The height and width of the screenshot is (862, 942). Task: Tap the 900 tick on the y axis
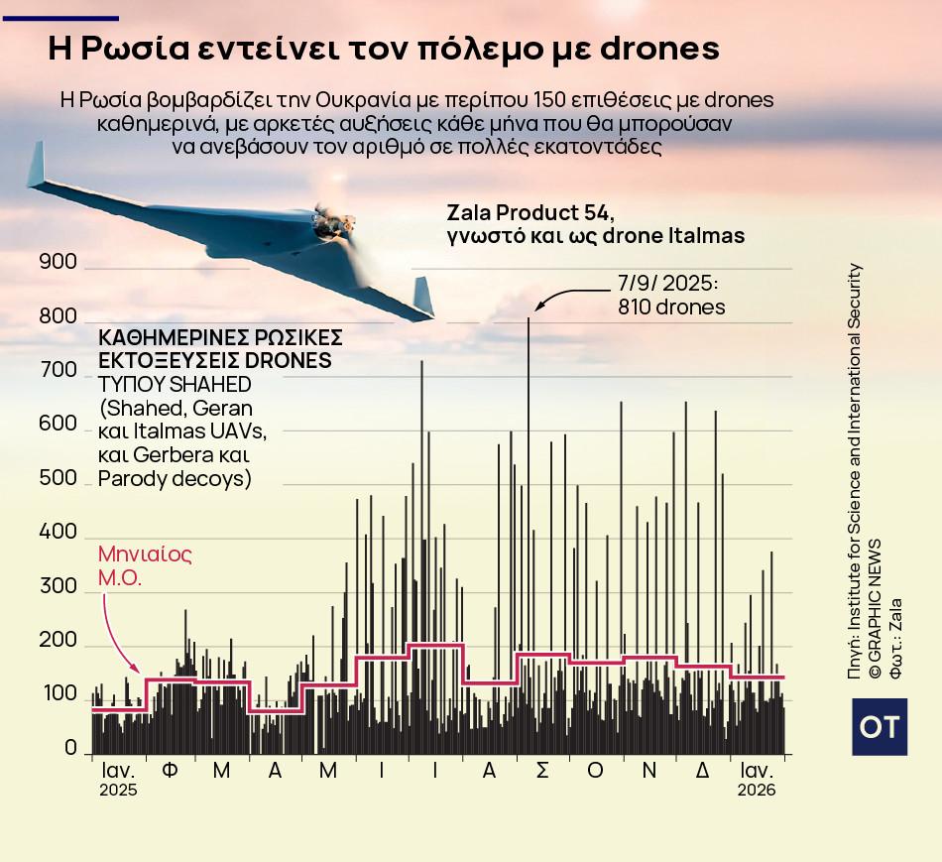coord(58,262)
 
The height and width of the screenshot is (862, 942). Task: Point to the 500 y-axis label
coord(58,478)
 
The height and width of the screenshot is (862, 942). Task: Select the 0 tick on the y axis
coord(70,747)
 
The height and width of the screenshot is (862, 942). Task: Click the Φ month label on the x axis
coord(170,771)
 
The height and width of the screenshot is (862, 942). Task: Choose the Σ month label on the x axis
coord(542,771)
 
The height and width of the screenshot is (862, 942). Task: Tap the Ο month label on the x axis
coord(595,771)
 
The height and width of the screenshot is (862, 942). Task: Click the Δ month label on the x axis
coord(702,771)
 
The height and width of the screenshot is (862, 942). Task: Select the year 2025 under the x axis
coord(118,791)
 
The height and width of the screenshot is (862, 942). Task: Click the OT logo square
coord(880,727)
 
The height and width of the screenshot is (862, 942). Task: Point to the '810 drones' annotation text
coord(671,308)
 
